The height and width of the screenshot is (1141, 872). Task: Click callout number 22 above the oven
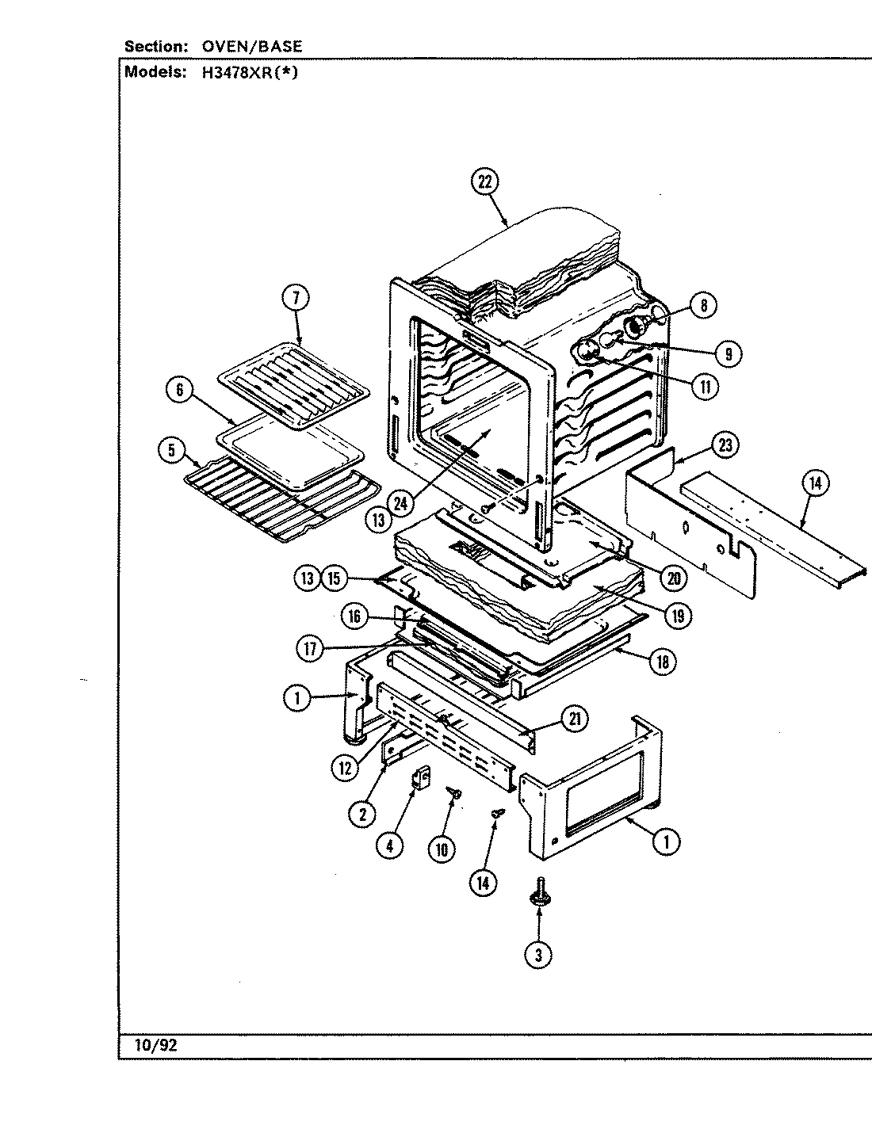point(484,181)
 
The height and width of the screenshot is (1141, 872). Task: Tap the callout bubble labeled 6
point(180,390)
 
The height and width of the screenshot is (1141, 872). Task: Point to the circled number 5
point(170,450)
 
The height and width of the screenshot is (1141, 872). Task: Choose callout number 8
point(703,305)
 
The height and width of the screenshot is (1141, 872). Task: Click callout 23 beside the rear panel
point(725,445)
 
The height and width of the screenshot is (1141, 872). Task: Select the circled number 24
point(402,501)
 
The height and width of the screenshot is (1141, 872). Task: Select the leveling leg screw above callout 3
point(539,891)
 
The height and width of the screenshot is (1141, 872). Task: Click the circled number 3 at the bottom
point(538,955)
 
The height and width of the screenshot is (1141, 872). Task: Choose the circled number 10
point(441,849)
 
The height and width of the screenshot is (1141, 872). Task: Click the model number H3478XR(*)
point(251,73)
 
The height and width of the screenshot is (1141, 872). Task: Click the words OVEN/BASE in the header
point(252,47)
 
